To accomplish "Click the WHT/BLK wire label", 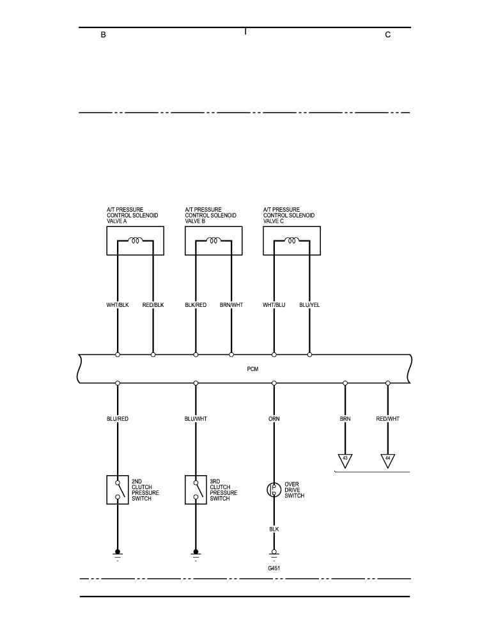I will click(118, 305).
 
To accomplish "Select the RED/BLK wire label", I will click(153, 305).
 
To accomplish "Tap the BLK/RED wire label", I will click(196, 305).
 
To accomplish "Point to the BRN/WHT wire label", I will click(231, 305).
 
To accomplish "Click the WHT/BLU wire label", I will click(274, 305).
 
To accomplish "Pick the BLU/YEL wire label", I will click(309, 305).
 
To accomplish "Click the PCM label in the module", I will click(252, 369).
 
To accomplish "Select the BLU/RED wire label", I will click(118, 419).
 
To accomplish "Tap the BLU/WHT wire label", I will click(196, 419).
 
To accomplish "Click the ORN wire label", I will click(274, 419).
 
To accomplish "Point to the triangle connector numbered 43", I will click(345, 460).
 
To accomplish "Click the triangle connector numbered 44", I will click(388, 460).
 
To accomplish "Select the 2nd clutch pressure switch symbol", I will click(118, 490).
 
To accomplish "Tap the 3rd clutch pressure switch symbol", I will click(196, 490).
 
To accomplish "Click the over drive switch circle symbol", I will click(274, 490).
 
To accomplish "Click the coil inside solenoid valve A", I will click(135, 240).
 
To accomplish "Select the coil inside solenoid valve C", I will click(291, 240).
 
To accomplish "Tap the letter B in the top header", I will click(104, 35).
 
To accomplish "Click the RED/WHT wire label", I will click(388, 419).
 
